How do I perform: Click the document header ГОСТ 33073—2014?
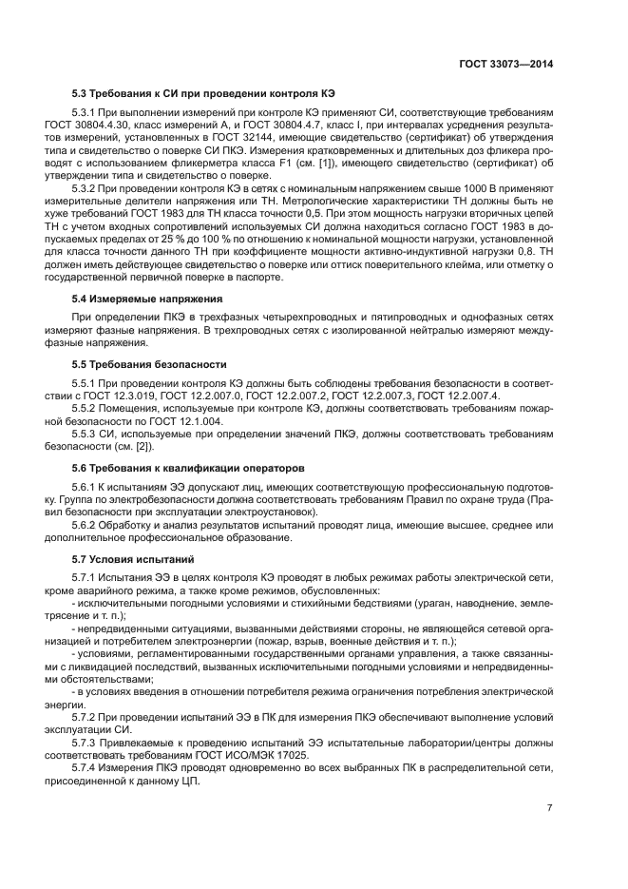coord(505,66)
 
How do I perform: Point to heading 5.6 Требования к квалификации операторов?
coord(188,468)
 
